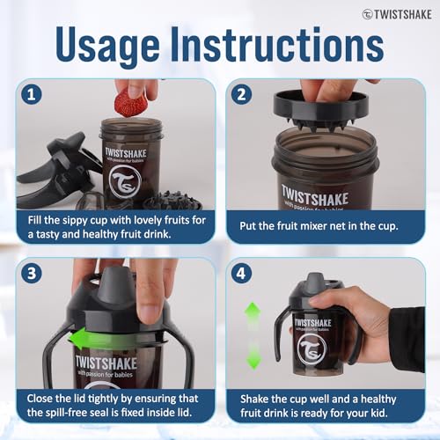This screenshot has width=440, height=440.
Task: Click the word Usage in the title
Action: (107, 45)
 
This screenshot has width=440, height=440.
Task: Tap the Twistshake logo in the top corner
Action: (397, 14)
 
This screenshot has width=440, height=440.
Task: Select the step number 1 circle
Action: (32, 94)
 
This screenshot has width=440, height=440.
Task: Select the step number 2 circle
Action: (241, 94)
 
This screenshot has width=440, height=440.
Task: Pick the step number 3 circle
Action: (32, 273)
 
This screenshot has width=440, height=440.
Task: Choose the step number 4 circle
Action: (241, 273)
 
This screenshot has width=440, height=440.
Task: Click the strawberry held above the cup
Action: (131, 103)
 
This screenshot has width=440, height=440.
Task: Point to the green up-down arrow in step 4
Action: (253, 336)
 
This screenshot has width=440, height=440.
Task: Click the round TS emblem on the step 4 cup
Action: (312, 348)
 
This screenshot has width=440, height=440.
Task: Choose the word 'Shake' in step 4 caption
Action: (254, 399)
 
